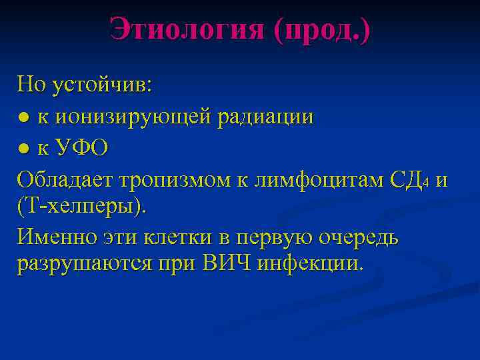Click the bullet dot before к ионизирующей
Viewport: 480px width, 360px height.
(x=23, y=117)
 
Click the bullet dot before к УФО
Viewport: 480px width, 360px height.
(x=23, y=148)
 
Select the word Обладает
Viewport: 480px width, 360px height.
(x=66, y=179)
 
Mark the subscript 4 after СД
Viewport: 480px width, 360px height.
(x=425, y=182)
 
